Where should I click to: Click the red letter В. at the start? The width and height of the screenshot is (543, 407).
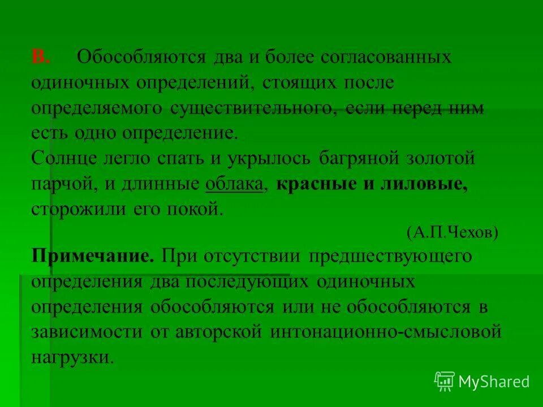pyautogui.click(x=41, y=58)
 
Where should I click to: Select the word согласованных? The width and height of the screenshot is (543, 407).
pyautogui.click(x=386, y=58)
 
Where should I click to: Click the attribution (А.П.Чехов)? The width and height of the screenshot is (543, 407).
pyautogui.click(x=452, y=233)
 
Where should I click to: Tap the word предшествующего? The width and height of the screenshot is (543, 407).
pyautogui.click(x=390, y=256)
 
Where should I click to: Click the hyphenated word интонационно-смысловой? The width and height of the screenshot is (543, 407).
pyautogui.click(x=386, y=332)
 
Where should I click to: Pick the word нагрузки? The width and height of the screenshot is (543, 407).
pyautogui.click(x=72, y=357)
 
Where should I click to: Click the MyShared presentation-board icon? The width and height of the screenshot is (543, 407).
pyautogui.click(x=445, y=381)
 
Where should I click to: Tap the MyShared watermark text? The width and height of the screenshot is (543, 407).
pyautogui.click(x=494, y=382)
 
